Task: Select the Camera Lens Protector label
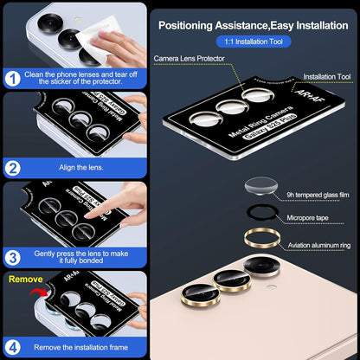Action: coord(189,58)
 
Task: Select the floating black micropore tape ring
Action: coord(260,215)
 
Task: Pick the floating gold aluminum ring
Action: coord(260,239)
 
